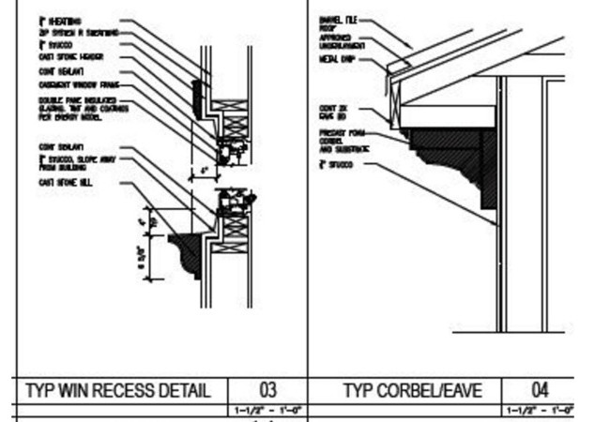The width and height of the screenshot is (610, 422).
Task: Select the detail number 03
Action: point(269,390)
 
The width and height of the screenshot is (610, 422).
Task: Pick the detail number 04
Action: point(540,390)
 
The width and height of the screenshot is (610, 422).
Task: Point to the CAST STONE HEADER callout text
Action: point(70,56)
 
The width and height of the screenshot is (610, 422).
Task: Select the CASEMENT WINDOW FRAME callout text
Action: point(76,85)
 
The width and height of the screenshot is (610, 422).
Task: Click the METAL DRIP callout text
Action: point(338,58)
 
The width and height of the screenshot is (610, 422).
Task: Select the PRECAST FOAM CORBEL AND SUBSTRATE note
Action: point(343,141)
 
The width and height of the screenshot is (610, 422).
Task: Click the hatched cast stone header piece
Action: point(197,95)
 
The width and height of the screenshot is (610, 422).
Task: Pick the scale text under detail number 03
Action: point(269,411)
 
